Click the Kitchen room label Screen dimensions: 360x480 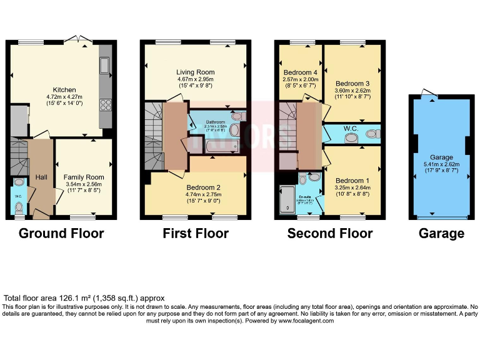click(x=64, y=89)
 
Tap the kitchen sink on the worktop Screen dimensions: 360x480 click(x=104, y=64)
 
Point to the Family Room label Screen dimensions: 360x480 click(x=84, y=177)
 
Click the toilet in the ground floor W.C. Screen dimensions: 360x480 click(x=19, y=206)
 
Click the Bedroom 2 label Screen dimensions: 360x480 click(x=204, y=187)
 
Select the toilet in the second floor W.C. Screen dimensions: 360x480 click(x=372, y=133)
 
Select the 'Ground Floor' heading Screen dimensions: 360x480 click(x=61, y=234)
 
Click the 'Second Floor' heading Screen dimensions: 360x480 click(x=329, y=234)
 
